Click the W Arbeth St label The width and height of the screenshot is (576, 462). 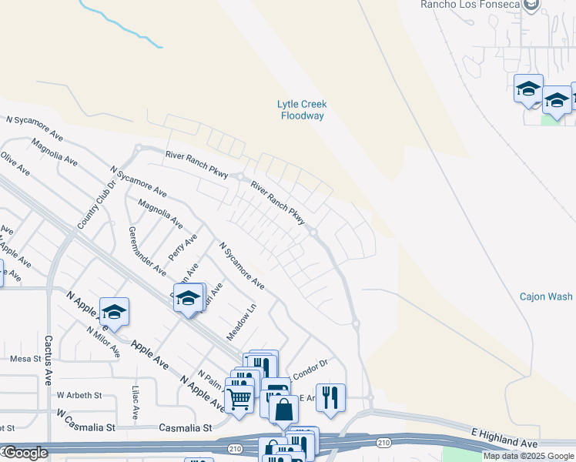coord(79,395)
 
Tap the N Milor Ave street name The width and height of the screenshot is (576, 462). coord(103,340)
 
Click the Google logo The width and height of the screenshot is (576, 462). coord(25,454)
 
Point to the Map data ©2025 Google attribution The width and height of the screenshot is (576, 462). coord(528,456)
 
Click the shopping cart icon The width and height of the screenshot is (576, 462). coord(239,398)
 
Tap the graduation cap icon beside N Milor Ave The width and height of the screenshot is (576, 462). coord(114,311)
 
